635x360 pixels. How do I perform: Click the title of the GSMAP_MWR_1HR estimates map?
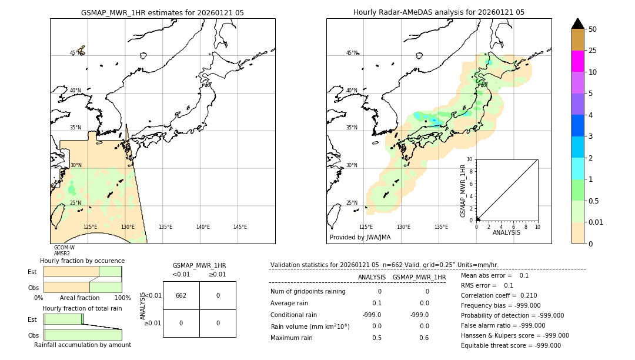(162, 12)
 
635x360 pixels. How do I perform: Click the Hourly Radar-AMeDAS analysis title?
(439, 12)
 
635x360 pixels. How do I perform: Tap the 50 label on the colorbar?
(593, 29)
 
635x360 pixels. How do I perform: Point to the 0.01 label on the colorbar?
(596, 222)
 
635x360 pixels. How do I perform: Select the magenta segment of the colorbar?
(577, 61)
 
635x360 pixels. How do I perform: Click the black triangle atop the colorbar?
(577, 24)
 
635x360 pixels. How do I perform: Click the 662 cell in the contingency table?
(181, 295)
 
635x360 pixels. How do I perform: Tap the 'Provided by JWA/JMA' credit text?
(360, 238)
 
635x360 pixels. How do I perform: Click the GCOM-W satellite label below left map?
(64, 248)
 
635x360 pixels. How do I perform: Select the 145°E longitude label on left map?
(240, 228)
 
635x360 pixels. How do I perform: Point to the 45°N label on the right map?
(352, 53)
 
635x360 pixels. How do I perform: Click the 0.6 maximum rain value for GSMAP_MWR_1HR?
(424, 338)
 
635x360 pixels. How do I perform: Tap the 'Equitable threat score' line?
(510, 345)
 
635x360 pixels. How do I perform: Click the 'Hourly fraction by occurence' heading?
(82, 261)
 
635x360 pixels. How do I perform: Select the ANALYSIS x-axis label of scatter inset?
(506, 232)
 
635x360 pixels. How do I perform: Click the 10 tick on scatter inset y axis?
(470, 159)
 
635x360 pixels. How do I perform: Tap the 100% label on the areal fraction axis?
(122, 298)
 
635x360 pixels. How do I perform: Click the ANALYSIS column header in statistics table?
(372, 277)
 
